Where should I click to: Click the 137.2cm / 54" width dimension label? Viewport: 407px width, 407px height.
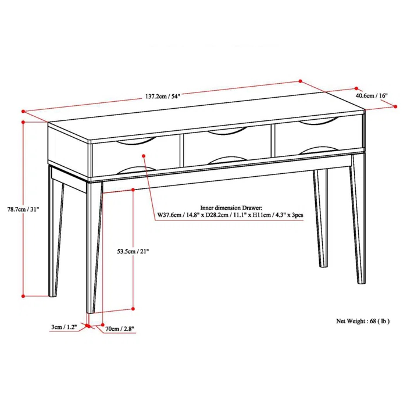pos(159,97)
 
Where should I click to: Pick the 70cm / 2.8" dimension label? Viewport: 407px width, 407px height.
pos(120,329)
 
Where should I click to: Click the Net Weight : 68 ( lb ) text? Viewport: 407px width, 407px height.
pos(363,320)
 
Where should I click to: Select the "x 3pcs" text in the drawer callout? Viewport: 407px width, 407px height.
pos(294,215)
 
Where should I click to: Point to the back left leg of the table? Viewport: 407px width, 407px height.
pos(54,233)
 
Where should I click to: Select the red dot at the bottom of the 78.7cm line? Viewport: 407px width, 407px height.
pos(23,295)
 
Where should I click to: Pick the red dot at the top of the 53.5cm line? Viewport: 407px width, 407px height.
pos(134,190)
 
